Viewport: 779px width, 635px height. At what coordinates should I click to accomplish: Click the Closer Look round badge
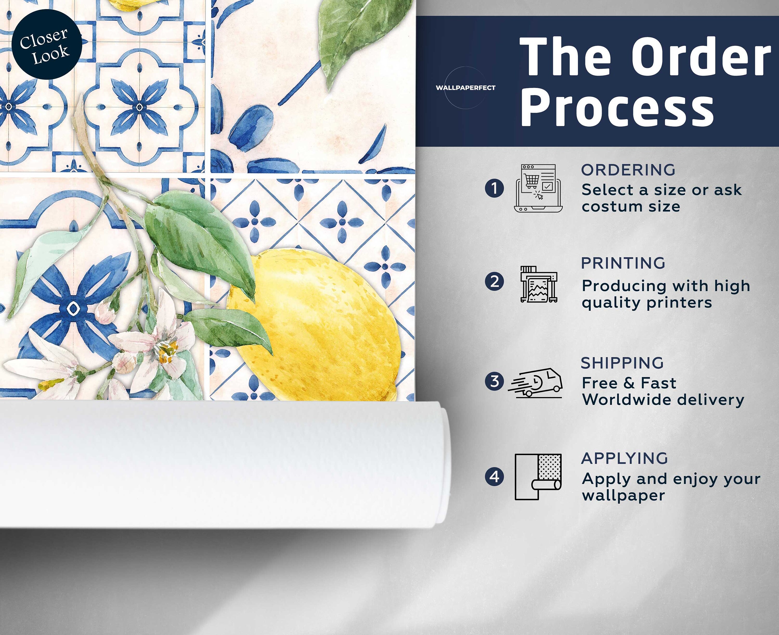coord(47,44)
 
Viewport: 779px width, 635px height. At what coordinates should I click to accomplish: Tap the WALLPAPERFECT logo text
coord(465,88)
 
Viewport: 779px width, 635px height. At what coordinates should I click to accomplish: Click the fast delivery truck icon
coord(535,383)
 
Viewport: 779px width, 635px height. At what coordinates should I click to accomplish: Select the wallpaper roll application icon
coord(538,477)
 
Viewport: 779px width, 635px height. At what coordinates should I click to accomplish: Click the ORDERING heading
coord(628,170)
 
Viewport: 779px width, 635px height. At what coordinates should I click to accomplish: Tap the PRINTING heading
coord(623,263)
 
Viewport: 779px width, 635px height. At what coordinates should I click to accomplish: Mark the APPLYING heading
coord(624,458)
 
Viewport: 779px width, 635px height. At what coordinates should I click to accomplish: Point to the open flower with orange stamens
coord(161,348)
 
